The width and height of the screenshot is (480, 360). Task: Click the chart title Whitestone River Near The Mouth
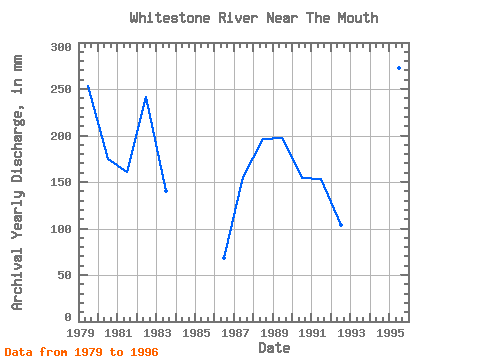[254, 18]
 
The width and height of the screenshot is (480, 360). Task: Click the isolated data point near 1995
[399, 68]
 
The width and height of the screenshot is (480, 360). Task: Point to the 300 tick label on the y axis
[61, 47]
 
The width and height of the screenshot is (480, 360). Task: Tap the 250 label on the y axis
[61, 89]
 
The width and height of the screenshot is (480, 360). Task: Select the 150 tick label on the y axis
[61, 182]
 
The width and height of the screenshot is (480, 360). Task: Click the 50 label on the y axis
[65, 275]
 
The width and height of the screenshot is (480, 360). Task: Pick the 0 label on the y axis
[68, 317]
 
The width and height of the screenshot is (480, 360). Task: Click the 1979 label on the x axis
[81, 333]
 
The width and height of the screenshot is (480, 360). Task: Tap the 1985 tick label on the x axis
[196, 333]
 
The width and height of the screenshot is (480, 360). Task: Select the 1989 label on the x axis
[274, 333]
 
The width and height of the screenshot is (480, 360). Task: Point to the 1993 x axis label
[351, 333]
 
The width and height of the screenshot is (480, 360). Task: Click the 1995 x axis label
[390, 333]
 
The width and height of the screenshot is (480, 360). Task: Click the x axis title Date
[274, 348]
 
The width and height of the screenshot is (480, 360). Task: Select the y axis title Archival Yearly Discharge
[17, 183]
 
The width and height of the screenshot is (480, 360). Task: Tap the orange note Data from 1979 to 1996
[81, 352]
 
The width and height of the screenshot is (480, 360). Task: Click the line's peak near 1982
[146, 98]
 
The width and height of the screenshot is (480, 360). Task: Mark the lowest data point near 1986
[224, 258]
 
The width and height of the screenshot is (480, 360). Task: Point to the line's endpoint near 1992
[341, 225]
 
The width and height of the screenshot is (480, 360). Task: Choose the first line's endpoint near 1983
[166, 191]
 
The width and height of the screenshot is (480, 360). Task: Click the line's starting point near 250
[88, 86]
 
